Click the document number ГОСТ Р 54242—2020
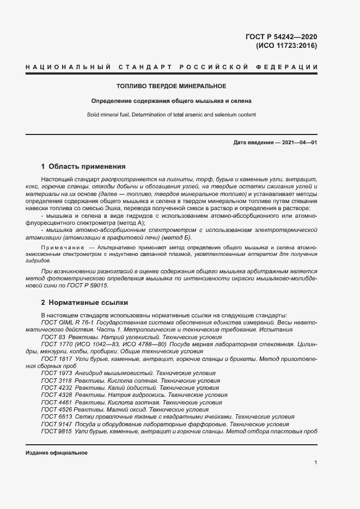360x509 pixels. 281,37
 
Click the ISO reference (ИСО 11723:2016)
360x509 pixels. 286,46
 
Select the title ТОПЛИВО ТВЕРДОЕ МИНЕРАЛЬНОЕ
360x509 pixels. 172,86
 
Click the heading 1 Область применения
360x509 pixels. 83,167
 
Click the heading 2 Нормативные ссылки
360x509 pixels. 84,302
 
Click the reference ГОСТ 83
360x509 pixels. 53,338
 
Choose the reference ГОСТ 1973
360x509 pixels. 57,373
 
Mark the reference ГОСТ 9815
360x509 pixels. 57,431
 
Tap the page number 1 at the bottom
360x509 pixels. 316,463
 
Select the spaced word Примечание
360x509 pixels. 63,248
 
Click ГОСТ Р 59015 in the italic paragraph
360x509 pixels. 91,286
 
